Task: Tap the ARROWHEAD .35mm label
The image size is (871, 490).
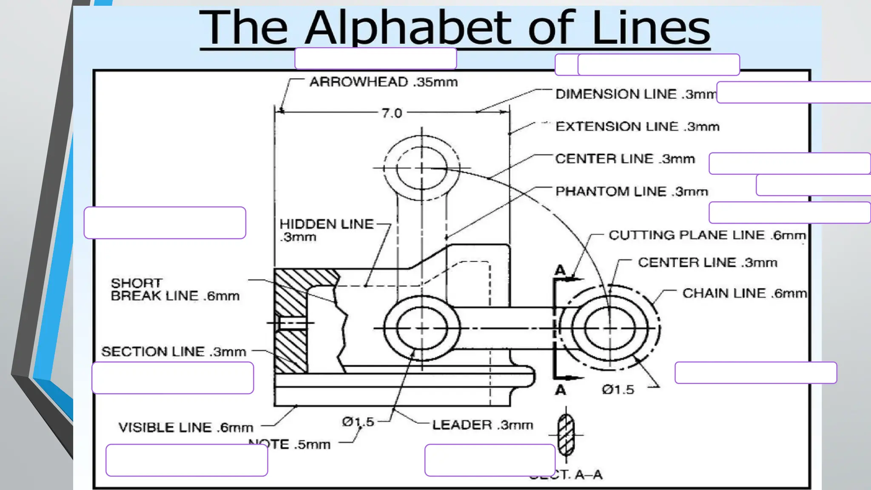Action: [383, 82]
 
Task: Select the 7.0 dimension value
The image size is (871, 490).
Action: [392, 113]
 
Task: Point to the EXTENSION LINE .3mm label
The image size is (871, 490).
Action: [637, 126]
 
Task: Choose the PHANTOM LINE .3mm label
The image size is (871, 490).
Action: [632, 191]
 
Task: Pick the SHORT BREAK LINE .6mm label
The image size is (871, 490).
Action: [175, 289]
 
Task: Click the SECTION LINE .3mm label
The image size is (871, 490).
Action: [174, 352]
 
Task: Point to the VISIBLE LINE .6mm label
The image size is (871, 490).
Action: [185, 427]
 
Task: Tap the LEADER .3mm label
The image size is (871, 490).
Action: [482, 424]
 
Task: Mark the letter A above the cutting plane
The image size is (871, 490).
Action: [560, 270]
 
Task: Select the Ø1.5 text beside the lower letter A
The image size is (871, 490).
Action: [618, 390]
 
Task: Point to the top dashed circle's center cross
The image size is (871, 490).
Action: [421, 168]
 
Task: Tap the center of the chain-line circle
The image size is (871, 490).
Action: [609, 328]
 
